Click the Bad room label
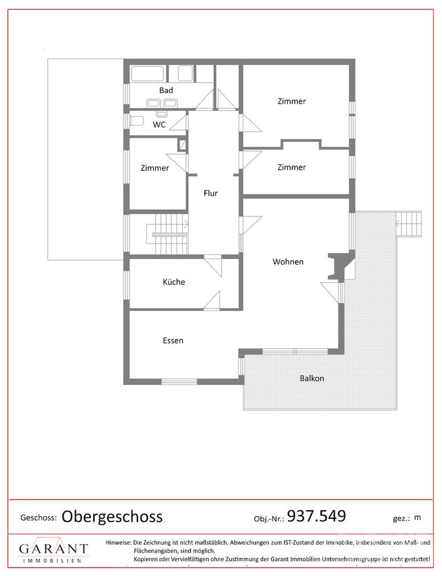(x=166, y=90)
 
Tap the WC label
(x=159, y=125)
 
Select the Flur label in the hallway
(x=211, y=194)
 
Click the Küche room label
(x=174, y=282)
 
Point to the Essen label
(x=173, y=340)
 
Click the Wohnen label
(x=288, y=261)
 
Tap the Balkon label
(x=311, y=378)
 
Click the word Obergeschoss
(x=112, y=516)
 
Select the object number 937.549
(x=317, y=516)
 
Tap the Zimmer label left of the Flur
(x=155, y=168)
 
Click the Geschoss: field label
(x=38, y=517)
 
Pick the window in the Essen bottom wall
(x=179, y=381)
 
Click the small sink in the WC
(x=161, y=114)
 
